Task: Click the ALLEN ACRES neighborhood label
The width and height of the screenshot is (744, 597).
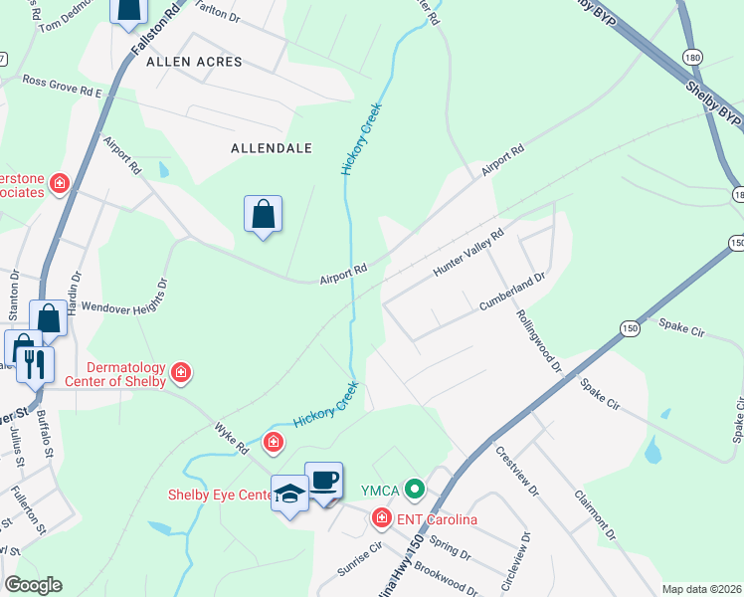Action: click(194, 62)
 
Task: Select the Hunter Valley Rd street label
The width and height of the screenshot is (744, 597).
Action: click(468, 254)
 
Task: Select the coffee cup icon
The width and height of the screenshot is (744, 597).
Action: click(324, 480)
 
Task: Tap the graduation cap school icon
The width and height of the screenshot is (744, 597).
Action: click(289, 494)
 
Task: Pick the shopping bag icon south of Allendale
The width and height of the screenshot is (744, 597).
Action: click(263, 214)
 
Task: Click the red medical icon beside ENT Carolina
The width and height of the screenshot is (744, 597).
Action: click(381, 517)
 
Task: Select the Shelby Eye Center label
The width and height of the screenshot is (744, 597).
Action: click(219, 495)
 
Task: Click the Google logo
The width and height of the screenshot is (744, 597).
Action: click(33, 585)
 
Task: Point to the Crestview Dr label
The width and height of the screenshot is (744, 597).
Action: click(516, 472)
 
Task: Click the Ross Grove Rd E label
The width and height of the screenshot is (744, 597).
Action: click(63, 86)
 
